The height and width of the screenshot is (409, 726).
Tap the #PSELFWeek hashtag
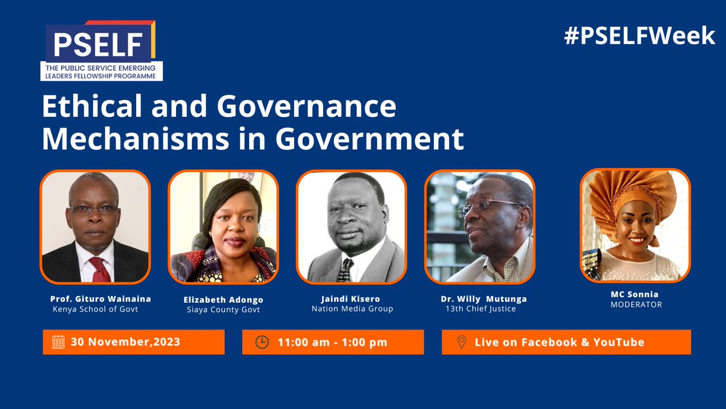tap(639, 36)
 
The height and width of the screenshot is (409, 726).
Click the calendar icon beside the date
tap(58, 342)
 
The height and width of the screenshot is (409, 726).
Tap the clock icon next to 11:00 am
tap(261, 342)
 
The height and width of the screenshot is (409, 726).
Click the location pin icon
tap(461, 342)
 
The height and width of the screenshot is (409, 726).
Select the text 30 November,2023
tap(125, 342)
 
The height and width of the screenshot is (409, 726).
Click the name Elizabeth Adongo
tap(223, 299)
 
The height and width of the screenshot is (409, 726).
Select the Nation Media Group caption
tap(352, 309)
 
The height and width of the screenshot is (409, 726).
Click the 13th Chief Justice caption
tap(479, 309)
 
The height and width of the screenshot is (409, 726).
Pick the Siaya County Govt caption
tap(223, 310)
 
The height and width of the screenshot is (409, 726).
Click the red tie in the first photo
tap(99, 268)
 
